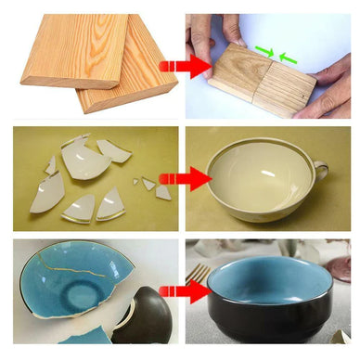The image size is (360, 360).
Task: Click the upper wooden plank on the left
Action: [70, 46]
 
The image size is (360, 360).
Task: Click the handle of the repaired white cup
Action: [321, 171]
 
